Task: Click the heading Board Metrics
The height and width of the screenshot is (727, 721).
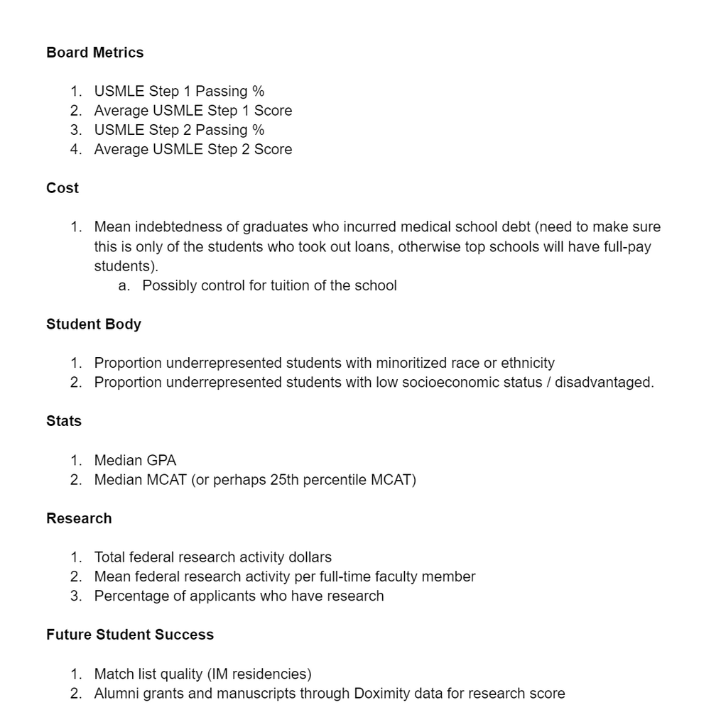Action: pos(94,53)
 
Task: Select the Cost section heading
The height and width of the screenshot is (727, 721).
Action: pos(63,188)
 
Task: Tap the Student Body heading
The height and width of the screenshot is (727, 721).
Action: pos(94,324)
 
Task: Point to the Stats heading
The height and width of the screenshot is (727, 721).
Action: pos(64,421)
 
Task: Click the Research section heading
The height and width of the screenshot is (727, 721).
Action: pos(79,518)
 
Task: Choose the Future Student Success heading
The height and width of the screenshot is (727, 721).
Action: pos(130,635)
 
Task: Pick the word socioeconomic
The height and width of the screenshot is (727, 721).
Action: pos(460,382)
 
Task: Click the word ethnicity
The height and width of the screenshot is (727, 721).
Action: pos(528,363)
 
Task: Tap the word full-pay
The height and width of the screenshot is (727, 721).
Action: pos(627,247)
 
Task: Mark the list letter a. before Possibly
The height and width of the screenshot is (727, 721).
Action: pos(124,285)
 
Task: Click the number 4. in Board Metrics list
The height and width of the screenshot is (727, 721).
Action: pos(76,149)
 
